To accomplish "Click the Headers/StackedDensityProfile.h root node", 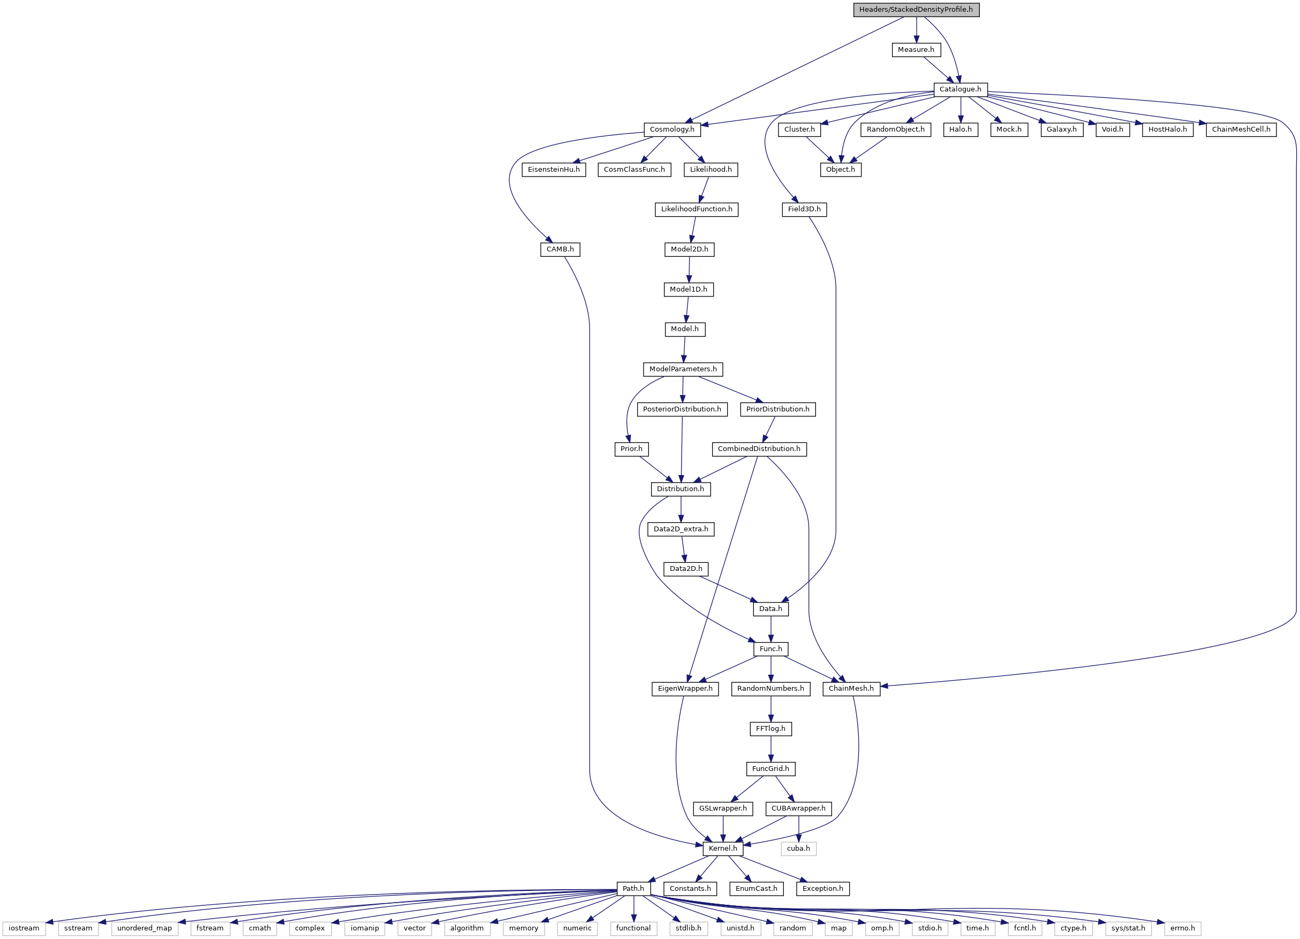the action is tap(916, 10).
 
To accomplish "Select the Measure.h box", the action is tap(916, 50).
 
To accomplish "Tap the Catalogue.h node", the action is tap(960, 89).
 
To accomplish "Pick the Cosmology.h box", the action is tap(672, 129).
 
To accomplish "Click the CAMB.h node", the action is tap(560, 249).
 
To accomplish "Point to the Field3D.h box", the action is tap(804, 209).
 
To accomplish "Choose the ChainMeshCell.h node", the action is tap(1241, 129).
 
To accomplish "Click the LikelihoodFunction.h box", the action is tap(697, 209).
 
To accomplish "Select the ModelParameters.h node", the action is tap(683, 369).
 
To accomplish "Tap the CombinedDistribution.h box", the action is tap(759, 448).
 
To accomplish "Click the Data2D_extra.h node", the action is tap(681, 529).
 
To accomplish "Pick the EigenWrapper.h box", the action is tap(685, 689).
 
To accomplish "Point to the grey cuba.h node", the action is tap(798, 849).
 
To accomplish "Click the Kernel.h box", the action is tap(723, 849).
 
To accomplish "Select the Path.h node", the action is tap(633, 889).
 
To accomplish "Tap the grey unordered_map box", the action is tap(145, 928).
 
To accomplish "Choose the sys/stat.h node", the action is tap(1128, 928).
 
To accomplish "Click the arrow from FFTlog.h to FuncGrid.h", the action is tap(771, 749).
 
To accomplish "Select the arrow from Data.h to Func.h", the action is tap(771, 629).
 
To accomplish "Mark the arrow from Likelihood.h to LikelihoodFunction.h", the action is tap(704, 189).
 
